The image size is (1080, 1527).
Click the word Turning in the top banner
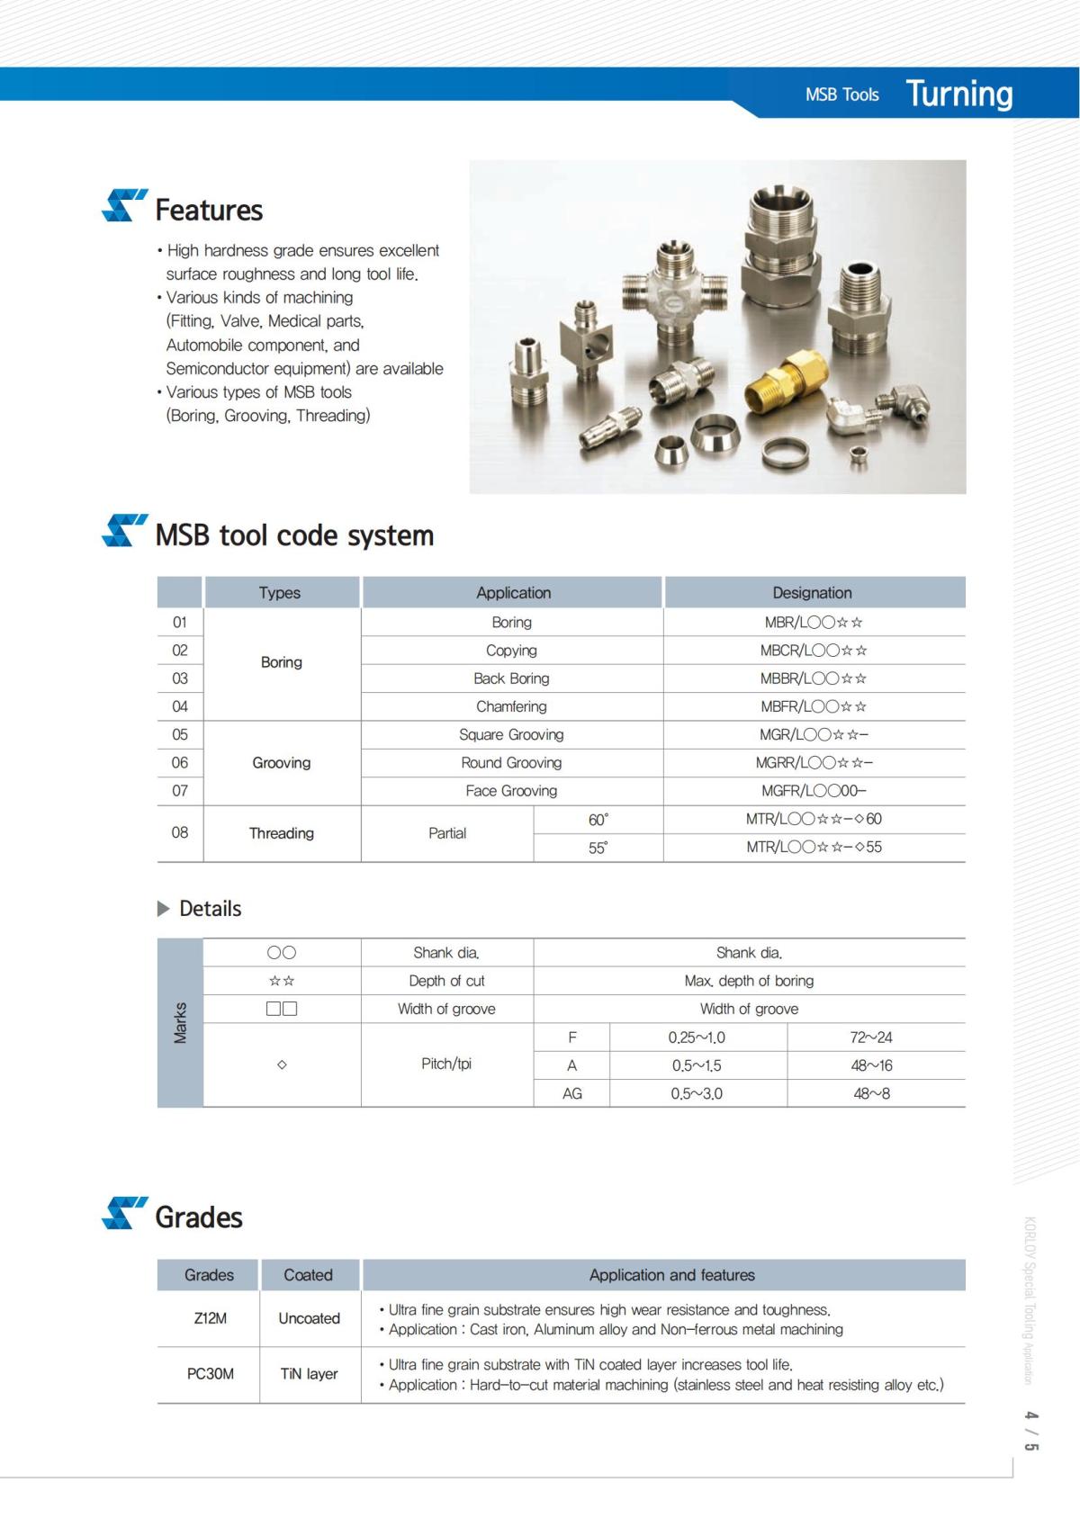coord(958,94)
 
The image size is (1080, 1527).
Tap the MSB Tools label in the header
coord(841,94)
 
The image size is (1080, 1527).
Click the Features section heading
coord(209,210)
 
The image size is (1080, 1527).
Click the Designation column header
coord(812,592)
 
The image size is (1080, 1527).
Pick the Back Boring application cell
coord(511,678)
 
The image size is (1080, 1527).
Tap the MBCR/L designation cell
coord(813,651)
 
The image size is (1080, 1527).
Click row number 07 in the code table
coord(180,791)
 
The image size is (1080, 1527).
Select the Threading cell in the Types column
coord(282,833)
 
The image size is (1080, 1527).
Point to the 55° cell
coord(598,848)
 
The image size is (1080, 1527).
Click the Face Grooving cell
coord(511,791)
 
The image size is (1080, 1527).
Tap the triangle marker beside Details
coord(163,909)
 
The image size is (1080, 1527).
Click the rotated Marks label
coord(180,1022)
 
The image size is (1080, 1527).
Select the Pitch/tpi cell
coord(446,1064)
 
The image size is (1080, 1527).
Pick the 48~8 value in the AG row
coord(871,1093)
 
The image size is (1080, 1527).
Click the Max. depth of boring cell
coord(749,981)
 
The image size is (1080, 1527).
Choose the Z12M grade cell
coord(210,1318)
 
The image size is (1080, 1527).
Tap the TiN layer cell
coord(309,1374)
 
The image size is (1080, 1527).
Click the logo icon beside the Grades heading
coord(124,1213)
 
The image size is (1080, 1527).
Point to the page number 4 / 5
coord(1031,1431)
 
